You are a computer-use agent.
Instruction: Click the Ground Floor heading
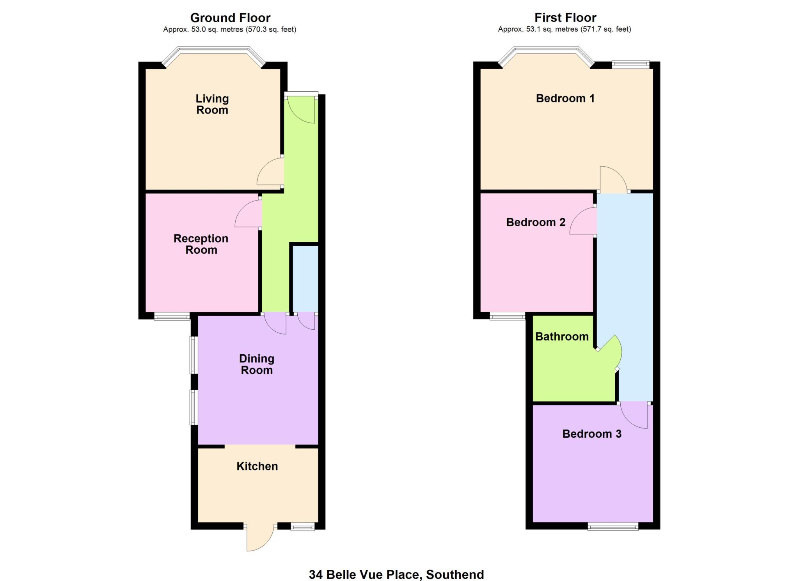pos(230,18)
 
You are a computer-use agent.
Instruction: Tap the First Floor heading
pos(565,18)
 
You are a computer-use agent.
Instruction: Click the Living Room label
pos(212,104)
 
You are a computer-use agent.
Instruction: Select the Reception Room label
pos(201,244)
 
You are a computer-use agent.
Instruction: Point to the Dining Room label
pos(257,364)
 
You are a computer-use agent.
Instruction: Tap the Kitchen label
pos(257,466)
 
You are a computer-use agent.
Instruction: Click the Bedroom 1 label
pos(565,98)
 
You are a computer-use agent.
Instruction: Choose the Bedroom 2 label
pos(536,222)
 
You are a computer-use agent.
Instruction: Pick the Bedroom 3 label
pos(592,434)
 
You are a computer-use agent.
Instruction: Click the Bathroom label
pos(562,337)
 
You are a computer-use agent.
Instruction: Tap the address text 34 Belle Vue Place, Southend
pos(396,575)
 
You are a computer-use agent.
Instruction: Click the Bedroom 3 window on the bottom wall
pos(613,527)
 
